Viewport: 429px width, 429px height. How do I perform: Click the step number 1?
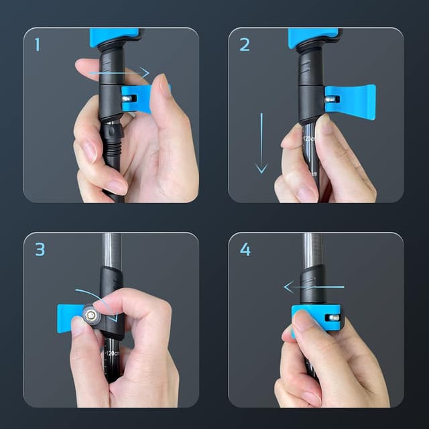click(38, 45)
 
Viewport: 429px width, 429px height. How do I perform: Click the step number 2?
click(244, 45)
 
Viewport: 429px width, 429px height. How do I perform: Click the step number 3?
click(40, 249)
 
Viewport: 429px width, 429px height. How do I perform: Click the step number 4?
click(245, 249)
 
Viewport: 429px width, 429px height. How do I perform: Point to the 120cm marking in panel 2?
click(309, 141)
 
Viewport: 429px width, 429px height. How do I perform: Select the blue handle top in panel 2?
click(312, 37)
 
